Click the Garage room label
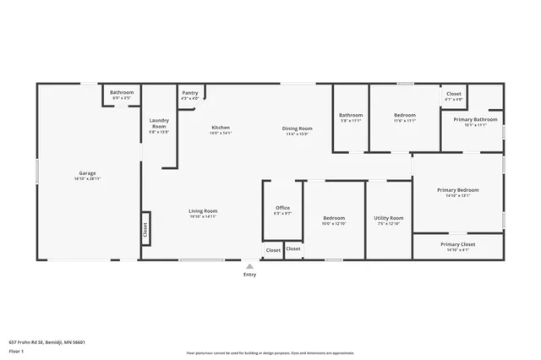coord(88,173)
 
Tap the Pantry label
coord(189,93)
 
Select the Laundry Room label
coord(159,121)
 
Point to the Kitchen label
coord(221,128)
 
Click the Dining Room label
coord(297,128)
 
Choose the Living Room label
coord(203,210)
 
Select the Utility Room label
coord(389,218)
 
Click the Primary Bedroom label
coord(457,190)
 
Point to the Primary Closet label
coord(457,245)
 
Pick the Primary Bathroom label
coord(469,120)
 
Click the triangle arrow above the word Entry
coord(249,265)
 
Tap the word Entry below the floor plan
coord(249,275)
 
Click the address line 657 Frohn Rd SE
coord(47,342)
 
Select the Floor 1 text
coord(16,350)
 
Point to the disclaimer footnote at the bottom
coord(270,352)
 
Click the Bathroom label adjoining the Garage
coord(122,92)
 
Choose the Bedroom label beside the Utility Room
coord(333,218)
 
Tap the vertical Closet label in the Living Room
coord(145,227)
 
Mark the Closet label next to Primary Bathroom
coord(454,94)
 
